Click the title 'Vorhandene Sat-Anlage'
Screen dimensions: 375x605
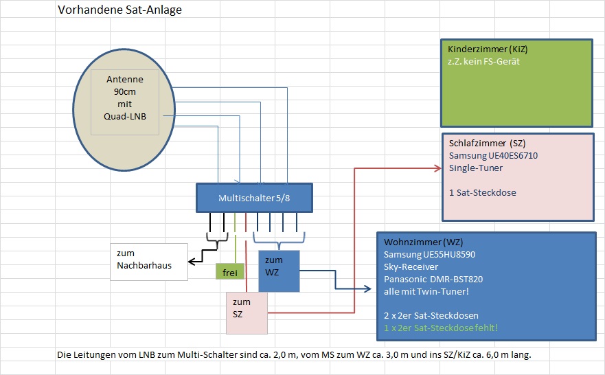pyautogui.click(x=119, y=11)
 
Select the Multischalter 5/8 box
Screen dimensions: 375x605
pyautogui.click(x=254, y=198)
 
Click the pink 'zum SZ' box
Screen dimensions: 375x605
pyautogui.click(x=245, y=313)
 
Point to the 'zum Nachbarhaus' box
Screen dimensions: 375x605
pyautogui.click(x=148, y=260)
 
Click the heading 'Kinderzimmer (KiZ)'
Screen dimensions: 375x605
pyautogui.click(x=488, y=50)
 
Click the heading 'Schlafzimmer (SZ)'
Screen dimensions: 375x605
pyautogui.click(x=487, y=144)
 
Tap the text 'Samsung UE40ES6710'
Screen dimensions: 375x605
pyautogui.click(x=493, y=156)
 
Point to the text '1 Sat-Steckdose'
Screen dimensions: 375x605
pyautogui.click(x=482, y=192)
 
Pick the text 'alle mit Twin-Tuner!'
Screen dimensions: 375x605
pyautogui.click(x=427, y=291)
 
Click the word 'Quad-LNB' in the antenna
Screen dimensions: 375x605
pyautogui.click(x=125, y=117)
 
